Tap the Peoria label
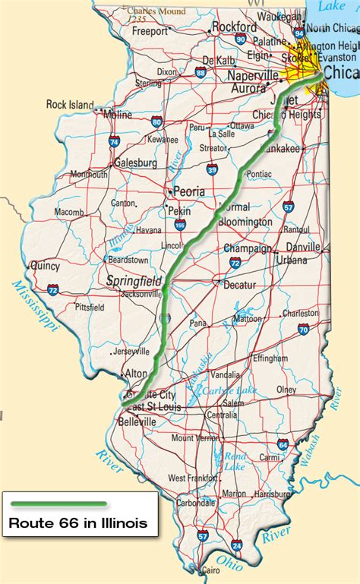click(x=189, y=191)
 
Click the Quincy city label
click(x=44, y=266)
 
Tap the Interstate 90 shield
click(x=240, y=39)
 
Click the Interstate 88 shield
click(x=200, y=73)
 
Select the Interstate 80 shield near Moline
click(x=156, y=121)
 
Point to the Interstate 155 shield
click(x=180, y=225)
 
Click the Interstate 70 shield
click(x=303, y=329)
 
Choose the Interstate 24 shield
click(x=237, y=545)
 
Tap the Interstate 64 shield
click(x=283, y=445)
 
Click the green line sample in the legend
click(x=58, y=504)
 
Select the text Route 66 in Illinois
click(x=78, y=523)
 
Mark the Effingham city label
click(x=270, y=358)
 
